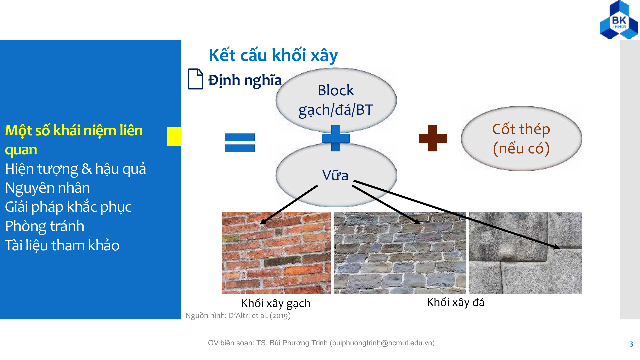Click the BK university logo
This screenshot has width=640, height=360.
(x=619, y=20)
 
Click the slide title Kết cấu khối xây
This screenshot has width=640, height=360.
(x=273, y=55)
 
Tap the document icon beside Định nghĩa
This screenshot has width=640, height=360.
(x=195, y=79)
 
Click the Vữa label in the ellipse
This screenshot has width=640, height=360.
(x=335, y=176)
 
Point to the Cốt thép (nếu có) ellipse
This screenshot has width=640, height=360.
(x=521, y=139)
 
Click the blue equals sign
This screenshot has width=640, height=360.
(x=239, y=143)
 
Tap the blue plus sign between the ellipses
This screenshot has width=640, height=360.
(x=336, y=138)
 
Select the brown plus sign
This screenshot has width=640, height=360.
(x=432, y=138)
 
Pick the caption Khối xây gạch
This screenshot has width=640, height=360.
(x=276, y=303)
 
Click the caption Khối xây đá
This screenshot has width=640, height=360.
(x=455, y=302)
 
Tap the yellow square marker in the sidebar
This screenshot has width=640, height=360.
(x=174, y=136)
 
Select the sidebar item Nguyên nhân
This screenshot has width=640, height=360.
(x=48, y=188)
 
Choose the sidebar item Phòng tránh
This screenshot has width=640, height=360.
(x=45, y=226)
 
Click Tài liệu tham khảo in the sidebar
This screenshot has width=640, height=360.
(x=62, y=246)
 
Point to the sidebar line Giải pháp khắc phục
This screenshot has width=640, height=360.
(x=68, y=207)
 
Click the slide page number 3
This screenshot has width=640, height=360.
(x=631, y=344)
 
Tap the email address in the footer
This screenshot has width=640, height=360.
(x=382, y=343)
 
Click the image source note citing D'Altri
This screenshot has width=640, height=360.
(x=238, y=316)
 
